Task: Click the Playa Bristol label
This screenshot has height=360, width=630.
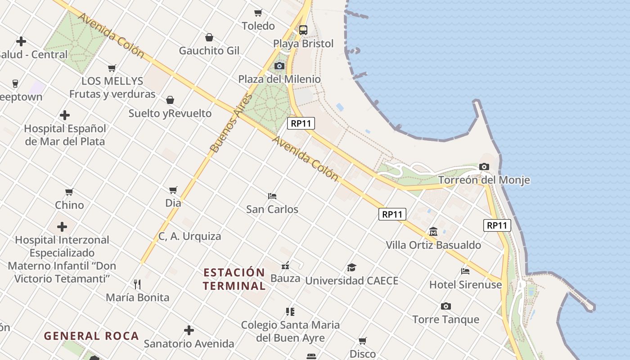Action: (x=303, y=44)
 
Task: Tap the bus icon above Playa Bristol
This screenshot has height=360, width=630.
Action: (x=303, y=30)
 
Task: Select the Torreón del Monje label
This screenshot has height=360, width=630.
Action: (x=484, y=180)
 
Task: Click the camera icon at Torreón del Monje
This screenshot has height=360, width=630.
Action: (x=484, y=167)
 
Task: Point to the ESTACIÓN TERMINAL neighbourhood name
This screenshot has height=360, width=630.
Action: (x=234, y=279)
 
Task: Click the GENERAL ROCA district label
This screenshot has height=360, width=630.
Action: (x=91, y=336)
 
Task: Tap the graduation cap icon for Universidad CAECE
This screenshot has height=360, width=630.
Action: (x=351, y=267)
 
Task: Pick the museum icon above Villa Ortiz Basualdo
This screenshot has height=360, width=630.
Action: (x=433, y=232)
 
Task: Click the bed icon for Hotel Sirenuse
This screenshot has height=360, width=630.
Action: (x=465, y=271)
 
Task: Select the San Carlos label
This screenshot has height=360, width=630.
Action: (x=272, y=209)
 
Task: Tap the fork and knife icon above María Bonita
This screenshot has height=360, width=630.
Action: (x=137, y=284)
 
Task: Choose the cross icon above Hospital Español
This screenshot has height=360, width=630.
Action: (x=65, y=115)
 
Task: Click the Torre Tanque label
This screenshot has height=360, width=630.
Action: (x=445, y=319)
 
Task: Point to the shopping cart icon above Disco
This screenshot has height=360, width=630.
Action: (x=363, y=341)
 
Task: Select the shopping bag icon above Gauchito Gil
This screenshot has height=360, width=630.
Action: (x=209, y=37)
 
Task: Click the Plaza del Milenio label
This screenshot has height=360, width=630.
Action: (x=279, y=79)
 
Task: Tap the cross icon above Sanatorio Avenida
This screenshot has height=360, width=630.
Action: (x=189, y=331)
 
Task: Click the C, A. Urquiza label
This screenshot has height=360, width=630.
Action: (x=190, y=236)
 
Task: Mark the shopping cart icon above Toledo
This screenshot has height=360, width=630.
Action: (x=258, y=13)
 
